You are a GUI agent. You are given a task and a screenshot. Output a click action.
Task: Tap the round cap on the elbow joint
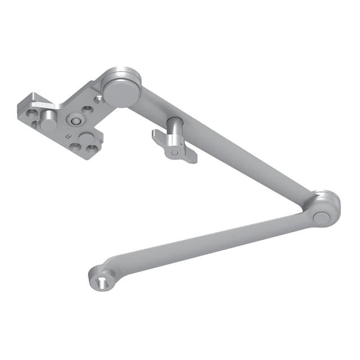click(321, 218)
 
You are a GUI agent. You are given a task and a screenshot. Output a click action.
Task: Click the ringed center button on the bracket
click(74, 120)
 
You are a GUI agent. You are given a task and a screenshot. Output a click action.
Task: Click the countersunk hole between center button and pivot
click(88, 110)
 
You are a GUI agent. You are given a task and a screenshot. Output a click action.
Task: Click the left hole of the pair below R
click(75, 147)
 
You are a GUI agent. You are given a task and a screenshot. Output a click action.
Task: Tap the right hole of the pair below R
click(90, 149)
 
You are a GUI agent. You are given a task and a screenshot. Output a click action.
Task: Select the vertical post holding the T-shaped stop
click(175, 130)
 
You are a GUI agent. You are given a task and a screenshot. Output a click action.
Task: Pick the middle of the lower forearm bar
click(208, 242)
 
